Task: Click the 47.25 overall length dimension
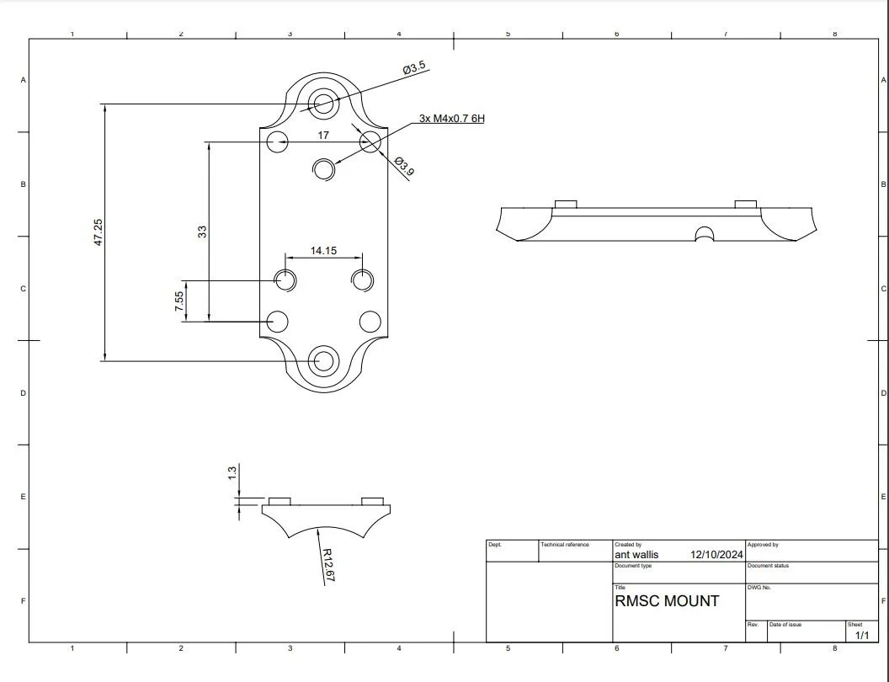coord(98,232)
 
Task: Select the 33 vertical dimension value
coord(203,232)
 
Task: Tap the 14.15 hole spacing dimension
coord(323,250)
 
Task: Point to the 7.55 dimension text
coord(179,302)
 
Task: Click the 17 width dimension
coord(323,135)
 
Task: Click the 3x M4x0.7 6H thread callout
coord(451,119)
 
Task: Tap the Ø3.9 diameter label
coord(404,166)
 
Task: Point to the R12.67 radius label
coord(328,564)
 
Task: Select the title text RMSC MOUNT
coord(667,601)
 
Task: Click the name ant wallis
coord(636,555)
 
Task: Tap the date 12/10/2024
coord(716,555)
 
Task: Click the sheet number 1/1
coord(861,636)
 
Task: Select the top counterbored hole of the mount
coord(322,104)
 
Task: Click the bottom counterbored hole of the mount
coord(322,360)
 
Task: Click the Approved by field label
coord(763,545)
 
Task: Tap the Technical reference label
coord(565,545)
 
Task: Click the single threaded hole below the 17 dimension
coord(324,168)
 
